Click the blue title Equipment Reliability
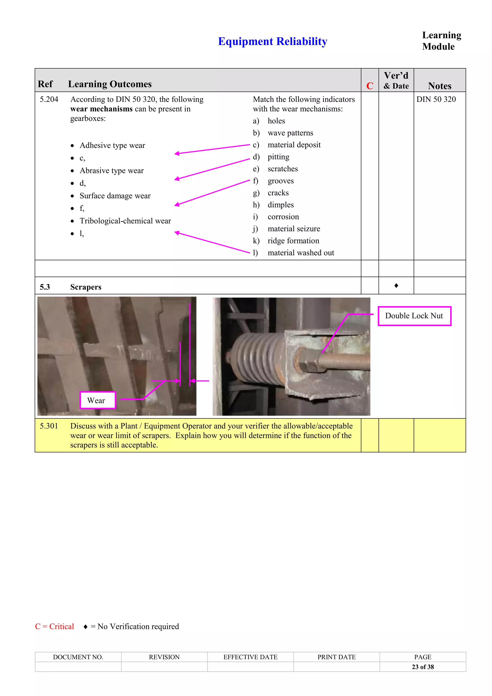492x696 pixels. (272, 41)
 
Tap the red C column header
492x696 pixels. (370, 86)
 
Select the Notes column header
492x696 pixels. (439, 86)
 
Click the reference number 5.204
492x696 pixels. (49, 99)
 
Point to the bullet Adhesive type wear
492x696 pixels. (112, 145)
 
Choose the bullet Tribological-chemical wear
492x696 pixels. (125, 221)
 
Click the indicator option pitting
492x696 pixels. (278, 157)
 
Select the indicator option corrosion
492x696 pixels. (283, 217)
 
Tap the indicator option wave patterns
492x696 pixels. (290, 133)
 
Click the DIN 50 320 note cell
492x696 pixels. (436, 99)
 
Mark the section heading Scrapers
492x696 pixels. (86, 287)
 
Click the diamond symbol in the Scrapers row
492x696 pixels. (396, 286)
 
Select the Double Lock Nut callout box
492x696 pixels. (414, 316)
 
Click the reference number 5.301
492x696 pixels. (49, 426)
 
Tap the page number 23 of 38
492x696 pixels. (423, 667)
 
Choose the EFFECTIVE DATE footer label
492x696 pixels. (250, 657)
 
